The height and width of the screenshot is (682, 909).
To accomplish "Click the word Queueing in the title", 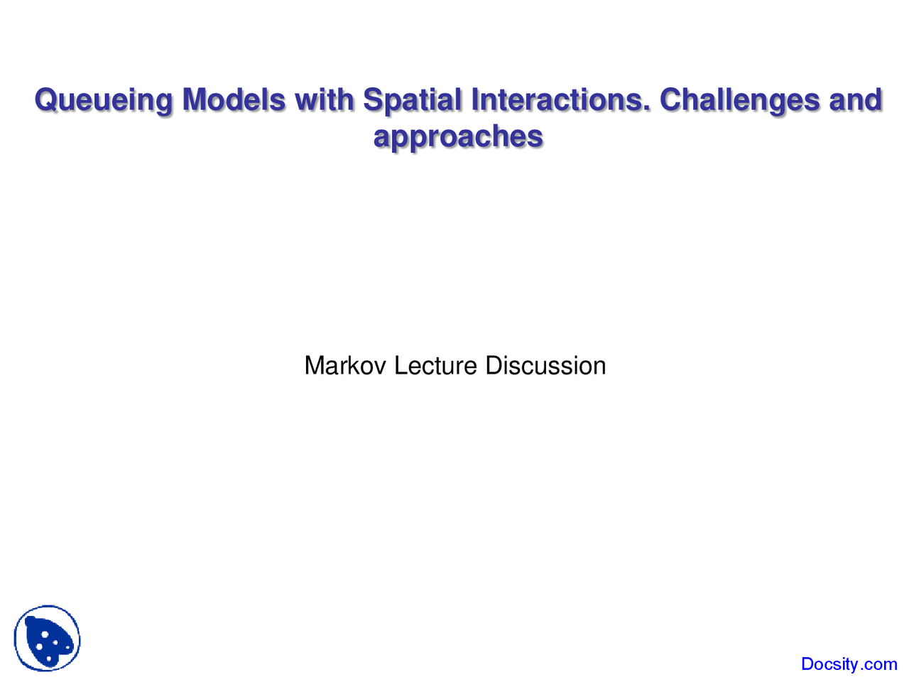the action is tap(103, 101).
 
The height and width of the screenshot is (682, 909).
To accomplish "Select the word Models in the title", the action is tap(234, 99).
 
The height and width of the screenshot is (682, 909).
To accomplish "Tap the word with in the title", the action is tap(324, 99).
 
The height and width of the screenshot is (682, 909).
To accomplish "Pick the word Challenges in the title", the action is tap(739, 101).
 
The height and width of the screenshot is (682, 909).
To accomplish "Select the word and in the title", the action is tap(856, 99).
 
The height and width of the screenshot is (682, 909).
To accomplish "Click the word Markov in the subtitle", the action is tap(345, 365).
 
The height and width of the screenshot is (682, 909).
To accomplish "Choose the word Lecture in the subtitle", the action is tap(435, 365).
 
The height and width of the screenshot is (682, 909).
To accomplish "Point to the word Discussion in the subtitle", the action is tap(545, 365).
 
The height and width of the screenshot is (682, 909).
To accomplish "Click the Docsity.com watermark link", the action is tap(849, 664).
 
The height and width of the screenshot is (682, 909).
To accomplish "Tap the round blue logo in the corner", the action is tap(47, 638).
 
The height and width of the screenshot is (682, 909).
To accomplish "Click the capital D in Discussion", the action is tap(494, 365).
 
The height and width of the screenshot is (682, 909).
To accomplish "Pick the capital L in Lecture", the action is tap(401, 365).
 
